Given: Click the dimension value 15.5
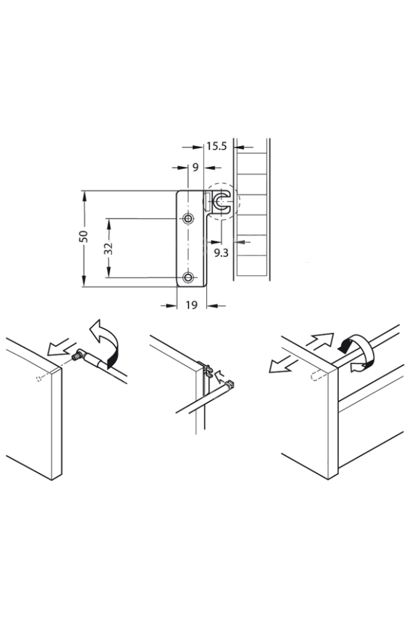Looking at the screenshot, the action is pos(216,146).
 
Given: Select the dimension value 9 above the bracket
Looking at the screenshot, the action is pos(195,168).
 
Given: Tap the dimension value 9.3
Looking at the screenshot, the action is pos(221,252).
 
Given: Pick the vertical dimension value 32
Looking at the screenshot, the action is pos(109,249).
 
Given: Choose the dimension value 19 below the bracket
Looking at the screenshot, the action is pos(192,305).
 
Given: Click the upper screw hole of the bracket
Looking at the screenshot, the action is pos(188,218).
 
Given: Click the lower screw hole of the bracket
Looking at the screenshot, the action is pos(188,277).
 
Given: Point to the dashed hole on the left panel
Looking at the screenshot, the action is pos(38,379).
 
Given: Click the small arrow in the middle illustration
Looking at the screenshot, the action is pos(219,375).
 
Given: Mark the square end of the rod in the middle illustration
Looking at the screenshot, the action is pos(230,384).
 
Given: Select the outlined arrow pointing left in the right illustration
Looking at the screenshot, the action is pos(282,364).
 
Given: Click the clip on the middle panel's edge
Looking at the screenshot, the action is pos(207,370).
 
